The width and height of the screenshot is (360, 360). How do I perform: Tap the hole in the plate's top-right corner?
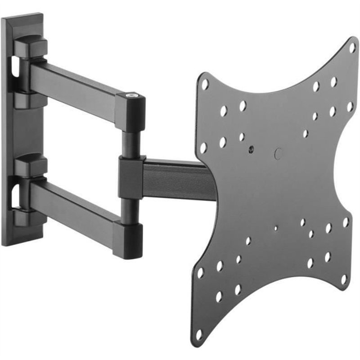(352, 46)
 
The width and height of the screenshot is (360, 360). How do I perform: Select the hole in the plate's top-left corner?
(205, 83)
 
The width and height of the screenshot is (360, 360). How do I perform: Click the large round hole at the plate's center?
(279, 153)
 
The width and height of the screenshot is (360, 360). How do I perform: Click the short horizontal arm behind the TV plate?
(175, 177)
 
